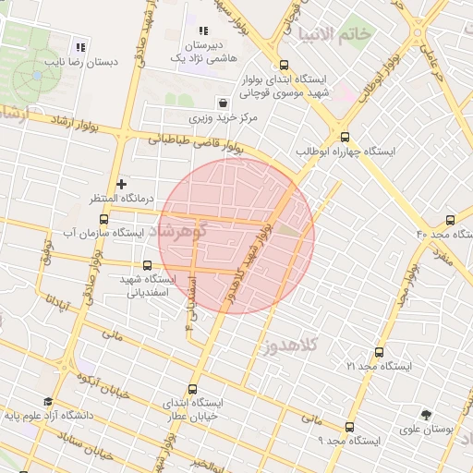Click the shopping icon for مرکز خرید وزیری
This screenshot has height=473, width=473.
[x=222, y=103]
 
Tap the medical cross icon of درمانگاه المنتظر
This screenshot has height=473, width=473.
[x=121, y=185]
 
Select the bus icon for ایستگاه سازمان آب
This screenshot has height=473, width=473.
[x=103, y=220]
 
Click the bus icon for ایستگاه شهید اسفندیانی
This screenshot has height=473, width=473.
[x=148, y=266]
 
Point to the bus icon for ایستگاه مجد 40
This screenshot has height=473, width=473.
[x=450, y=220]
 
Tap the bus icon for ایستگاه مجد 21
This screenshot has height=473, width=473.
[x=379, y=352]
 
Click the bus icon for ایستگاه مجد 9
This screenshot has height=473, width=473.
[x=349, y=428]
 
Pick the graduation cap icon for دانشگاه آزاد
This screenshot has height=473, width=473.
[x=14, y=415]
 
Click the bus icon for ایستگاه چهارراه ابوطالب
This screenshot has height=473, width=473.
[x=344, y=135]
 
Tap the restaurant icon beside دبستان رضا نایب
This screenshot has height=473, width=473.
[x=80, y=47]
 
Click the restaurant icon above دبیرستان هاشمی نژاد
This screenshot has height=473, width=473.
[x=203, y=32]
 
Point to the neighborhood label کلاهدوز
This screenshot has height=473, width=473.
[x=290, y=346]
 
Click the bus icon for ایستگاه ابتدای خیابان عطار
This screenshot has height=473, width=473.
[x=192, y=389]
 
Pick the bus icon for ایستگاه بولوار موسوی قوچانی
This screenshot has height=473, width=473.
[x=284, y=65]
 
